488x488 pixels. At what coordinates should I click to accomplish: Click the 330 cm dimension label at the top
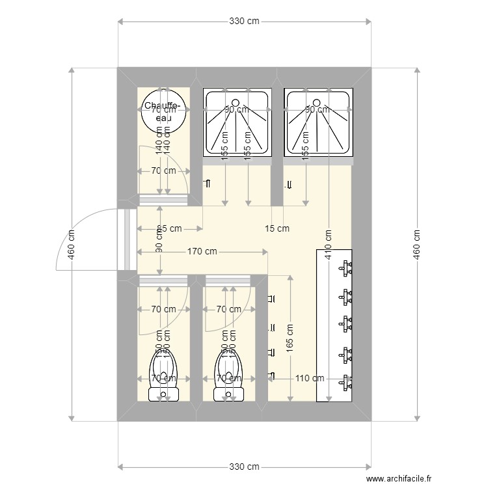coord(244,21)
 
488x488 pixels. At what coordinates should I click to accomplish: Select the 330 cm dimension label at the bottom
coord(244,467)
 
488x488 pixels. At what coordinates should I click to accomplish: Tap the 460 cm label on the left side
coord(71,244)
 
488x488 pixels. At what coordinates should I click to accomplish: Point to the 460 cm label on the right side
coord(416,244)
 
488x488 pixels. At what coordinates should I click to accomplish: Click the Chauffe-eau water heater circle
coord(165,112)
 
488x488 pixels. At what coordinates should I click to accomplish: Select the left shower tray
coord(237,124)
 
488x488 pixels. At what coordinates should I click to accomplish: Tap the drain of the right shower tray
coord(316,103)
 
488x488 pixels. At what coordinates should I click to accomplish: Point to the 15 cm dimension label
coord(277,228)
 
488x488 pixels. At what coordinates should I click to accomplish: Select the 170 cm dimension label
coord(202,251)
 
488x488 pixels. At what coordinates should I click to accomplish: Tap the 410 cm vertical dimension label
coord(329,243)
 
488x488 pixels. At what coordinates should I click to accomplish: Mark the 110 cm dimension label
coord(310,377)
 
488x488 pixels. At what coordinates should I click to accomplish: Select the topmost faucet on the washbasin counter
coord(346,266)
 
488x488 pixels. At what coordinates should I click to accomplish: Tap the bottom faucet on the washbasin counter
coord(346,384)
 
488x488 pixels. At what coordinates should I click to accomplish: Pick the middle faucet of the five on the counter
coord(346,323)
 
